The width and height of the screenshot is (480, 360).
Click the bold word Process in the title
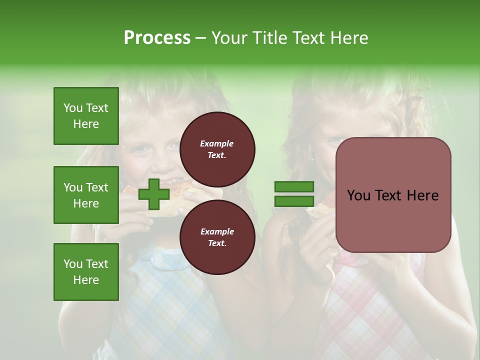[157, 38]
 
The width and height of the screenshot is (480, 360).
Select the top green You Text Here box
[86, 116]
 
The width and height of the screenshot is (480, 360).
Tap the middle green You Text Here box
[86, 195]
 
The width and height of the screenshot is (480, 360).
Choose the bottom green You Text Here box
[86, 272]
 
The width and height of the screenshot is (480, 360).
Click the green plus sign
[153, 194]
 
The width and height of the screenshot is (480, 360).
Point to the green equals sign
[294, 194]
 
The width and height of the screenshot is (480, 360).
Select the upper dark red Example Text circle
[217, 149]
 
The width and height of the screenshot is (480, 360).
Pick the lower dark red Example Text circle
[217, 237]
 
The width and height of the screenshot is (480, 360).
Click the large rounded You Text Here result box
[393, 195]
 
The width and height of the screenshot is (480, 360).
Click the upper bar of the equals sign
[294, 187]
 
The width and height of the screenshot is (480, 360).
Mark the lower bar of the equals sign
[294, 201]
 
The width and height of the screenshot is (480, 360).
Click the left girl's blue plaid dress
[150, 305]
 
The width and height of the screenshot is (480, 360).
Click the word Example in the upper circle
[217, 143]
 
